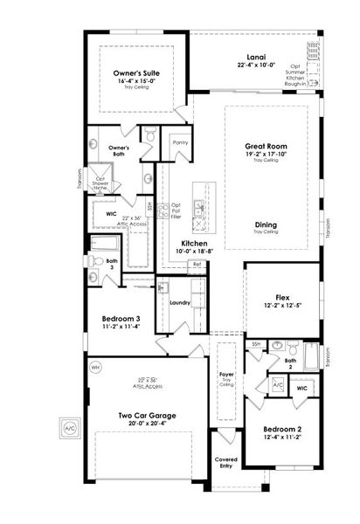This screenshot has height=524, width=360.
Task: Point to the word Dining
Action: click(266, 224)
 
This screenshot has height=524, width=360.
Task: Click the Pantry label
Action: click(181, 141)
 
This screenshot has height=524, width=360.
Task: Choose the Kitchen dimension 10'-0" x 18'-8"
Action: click(193, 250)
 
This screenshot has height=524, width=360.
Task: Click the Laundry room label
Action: click(181, 303)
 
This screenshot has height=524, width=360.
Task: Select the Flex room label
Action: click(282, 296)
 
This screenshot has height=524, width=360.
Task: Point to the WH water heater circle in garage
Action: click(95, 368)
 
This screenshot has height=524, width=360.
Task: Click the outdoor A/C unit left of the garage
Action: click(68, 429)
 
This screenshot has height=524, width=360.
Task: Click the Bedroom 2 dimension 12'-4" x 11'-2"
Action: click(281, 438)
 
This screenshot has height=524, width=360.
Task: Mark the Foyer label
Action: click(226, 374)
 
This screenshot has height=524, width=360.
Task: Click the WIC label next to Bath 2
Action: click(301, 387)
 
